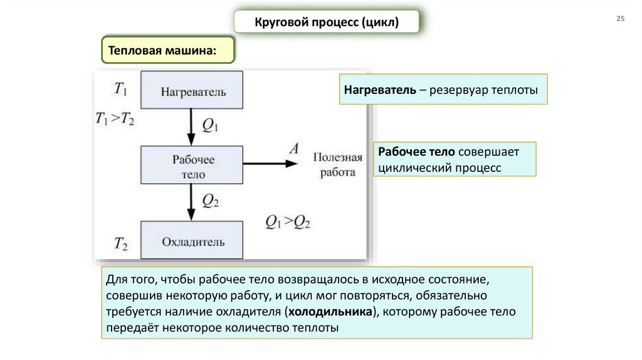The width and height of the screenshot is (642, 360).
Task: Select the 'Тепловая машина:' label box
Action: pyautogui.click(x=167, y=50)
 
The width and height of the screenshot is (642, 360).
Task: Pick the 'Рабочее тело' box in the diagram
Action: pyautogui.click(x=192, y=165)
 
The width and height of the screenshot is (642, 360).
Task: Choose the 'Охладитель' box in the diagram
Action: pyautogui.click(x=192, y=240)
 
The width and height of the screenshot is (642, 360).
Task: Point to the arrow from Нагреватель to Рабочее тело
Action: pyautogui.click(x=190, y=127)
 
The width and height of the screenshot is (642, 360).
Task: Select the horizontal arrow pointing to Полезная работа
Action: pyautogui.click(x=270, y=164)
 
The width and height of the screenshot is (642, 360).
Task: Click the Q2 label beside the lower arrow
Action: pyautogui.click(x=210, y=201)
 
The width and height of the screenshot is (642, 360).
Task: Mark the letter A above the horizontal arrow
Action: pyautogui.click(x=293, y=149)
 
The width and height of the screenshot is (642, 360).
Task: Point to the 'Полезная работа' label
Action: pyautogui.click(x=338, y=164)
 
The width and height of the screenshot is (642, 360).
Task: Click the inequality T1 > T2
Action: pyautogui.click(x=115, y=119)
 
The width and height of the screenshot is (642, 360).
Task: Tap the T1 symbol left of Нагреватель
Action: pyautogui.click(x=120, y=90)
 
